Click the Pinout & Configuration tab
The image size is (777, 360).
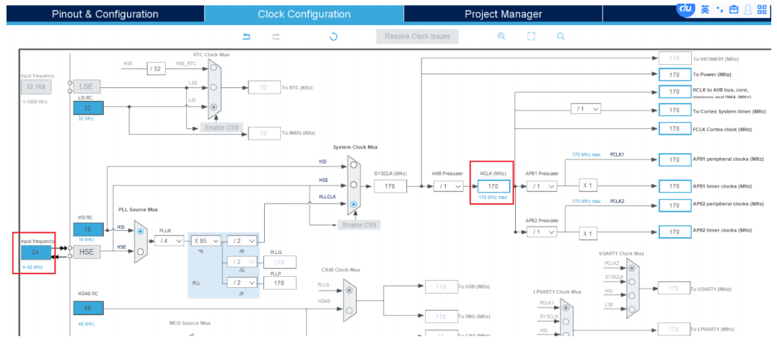pos(105,14)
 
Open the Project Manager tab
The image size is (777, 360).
pos(503,14)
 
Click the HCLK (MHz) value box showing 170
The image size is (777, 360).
pos(493,186)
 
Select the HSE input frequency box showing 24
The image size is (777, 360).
pos(35,253)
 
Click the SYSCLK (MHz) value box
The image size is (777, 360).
pos(390,186)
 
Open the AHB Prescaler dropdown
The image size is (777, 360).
pos(448,186)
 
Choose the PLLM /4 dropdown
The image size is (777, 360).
pos(169,241)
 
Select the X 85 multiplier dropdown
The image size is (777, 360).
pos(206,241)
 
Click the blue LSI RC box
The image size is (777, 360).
pos(88,107)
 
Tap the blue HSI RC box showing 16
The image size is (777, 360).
pos(88,229)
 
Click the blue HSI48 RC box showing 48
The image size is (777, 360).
pos(88,308)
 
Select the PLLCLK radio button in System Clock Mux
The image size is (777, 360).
pos(354,205)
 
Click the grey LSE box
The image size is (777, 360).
pos(87,86)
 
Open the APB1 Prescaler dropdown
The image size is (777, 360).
pos(542,186)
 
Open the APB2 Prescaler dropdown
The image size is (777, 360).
pos(542,232)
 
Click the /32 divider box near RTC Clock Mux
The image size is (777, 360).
pos(157,69)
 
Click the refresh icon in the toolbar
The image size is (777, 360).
pos(333,36)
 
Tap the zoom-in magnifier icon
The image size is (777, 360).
pos(501,36)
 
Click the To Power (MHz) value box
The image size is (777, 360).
pos(675,74)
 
